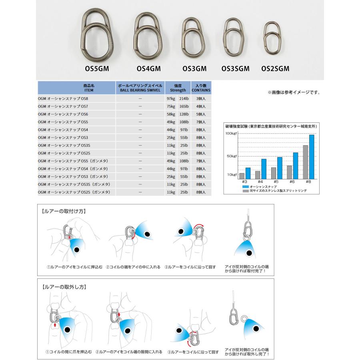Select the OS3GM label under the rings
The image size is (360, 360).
194,68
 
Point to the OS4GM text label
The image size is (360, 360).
148,68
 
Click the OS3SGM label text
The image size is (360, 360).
236,68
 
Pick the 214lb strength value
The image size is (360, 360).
184,98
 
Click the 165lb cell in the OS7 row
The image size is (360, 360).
184,106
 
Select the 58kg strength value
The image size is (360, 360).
171,114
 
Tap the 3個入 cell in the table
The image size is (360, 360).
202,98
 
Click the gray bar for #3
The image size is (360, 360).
242,176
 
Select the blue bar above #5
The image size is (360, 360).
280,168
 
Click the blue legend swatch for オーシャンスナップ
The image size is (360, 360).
245,187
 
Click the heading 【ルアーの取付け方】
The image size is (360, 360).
64,211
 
